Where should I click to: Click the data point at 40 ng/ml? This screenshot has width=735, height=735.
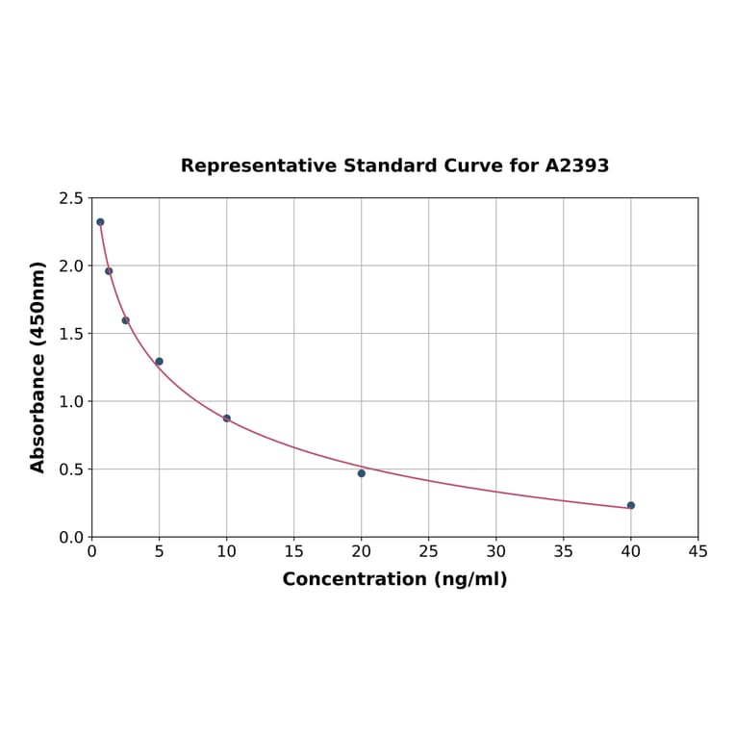(631, 505)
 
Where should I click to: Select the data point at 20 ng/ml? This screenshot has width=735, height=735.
(362, 473)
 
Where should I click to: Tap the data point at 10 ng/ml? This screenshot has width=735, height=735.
(227, 418)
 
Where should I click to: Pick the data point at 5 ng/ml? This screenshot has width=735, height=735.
(160, 362)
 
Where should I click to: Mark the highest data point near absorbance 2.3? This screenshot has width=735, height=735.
(100, 222)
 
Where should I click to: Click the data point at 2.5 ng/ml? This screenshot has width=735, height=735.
(126, 320)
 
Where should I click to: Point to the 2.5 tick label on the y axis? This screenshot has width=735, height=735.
(71, 198)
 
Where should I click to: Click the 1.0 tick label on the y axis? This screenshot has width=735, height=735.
(71, 401)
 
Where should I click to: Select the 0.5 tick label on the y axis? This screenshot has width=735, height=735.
(71, 469)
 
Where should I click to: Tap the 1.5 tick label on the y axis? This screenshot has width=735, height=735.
(71, 334)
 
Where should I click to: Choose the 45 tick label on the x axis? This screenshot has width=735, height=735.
(698, 551)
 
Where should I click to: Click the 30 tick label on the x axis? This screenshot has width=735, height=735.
(496, 551)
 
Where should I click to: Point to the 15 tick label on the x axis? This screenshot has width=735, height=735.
(294, 551)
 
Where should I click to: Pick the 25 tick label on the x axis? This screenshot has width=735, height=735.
(429, 551)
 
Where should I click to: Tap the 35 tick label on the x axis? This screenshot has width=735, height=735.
(564, 551)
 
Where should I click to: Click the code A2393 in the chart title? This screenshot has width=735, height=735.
(577, 165)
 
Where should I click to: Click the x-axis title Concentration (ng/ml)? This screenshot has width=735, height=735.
(394, 579)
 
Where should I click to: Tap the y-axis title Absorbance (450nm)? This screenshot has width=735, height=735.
(38, 367)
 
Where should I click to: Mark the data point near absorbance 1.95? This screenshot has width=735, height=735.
(109, 271)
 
